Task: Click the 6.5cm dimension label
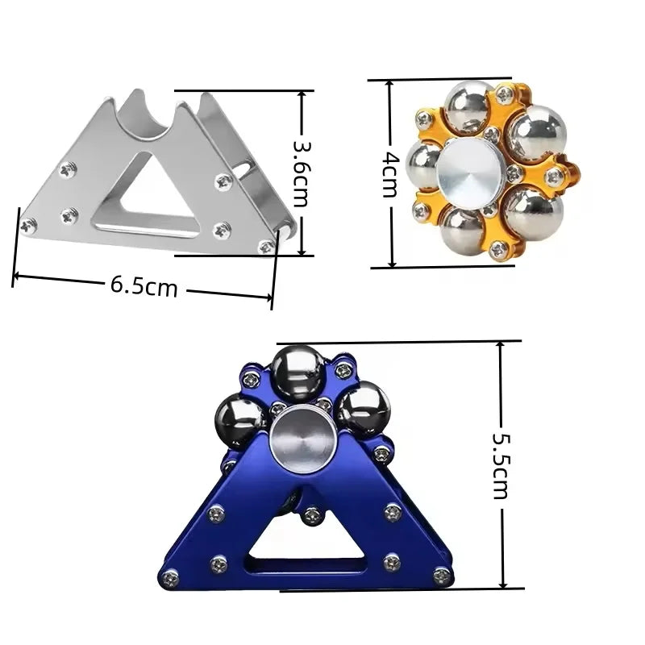(x=144, y=286)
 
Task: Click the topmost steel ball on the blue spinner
(x=297, y=372)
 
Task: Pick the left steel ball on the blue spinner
(x=240, y=420)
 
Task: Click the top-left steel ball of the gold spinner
(x=468, y=106)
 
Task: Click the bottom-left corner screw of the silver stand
(x=28, y=226)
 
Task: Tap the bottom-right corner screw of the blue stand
(x=441, y=576)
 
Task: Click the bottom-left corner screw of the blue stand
(x=170, y=577)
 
